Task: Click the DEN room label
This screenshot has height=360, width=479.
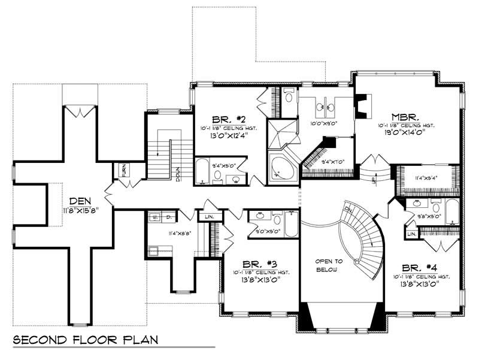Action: point(80,201)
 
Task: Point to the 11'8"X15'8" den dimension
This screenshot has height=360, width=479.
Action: point(79,211)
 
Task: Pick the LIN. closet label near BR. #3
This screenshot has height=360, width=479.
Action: point(209,217)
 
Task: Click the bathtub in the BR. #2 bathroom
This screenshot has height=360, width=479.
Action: point(202,171)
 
